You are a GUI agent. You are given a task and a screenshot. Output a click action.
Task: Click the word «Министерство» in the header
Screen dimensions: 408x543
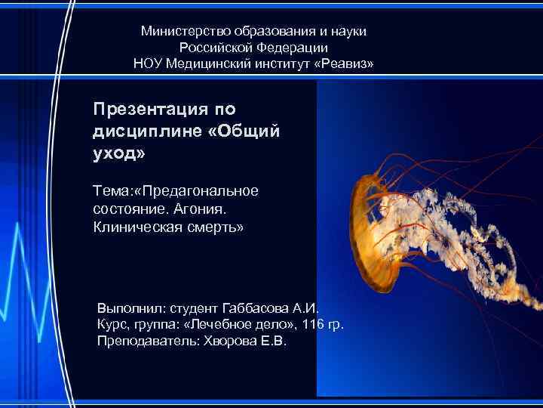[x=183, y=31]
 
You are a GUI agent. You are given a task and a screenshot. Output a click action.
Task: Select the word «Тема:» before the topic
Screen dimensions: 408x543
[x=112, y=190]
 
